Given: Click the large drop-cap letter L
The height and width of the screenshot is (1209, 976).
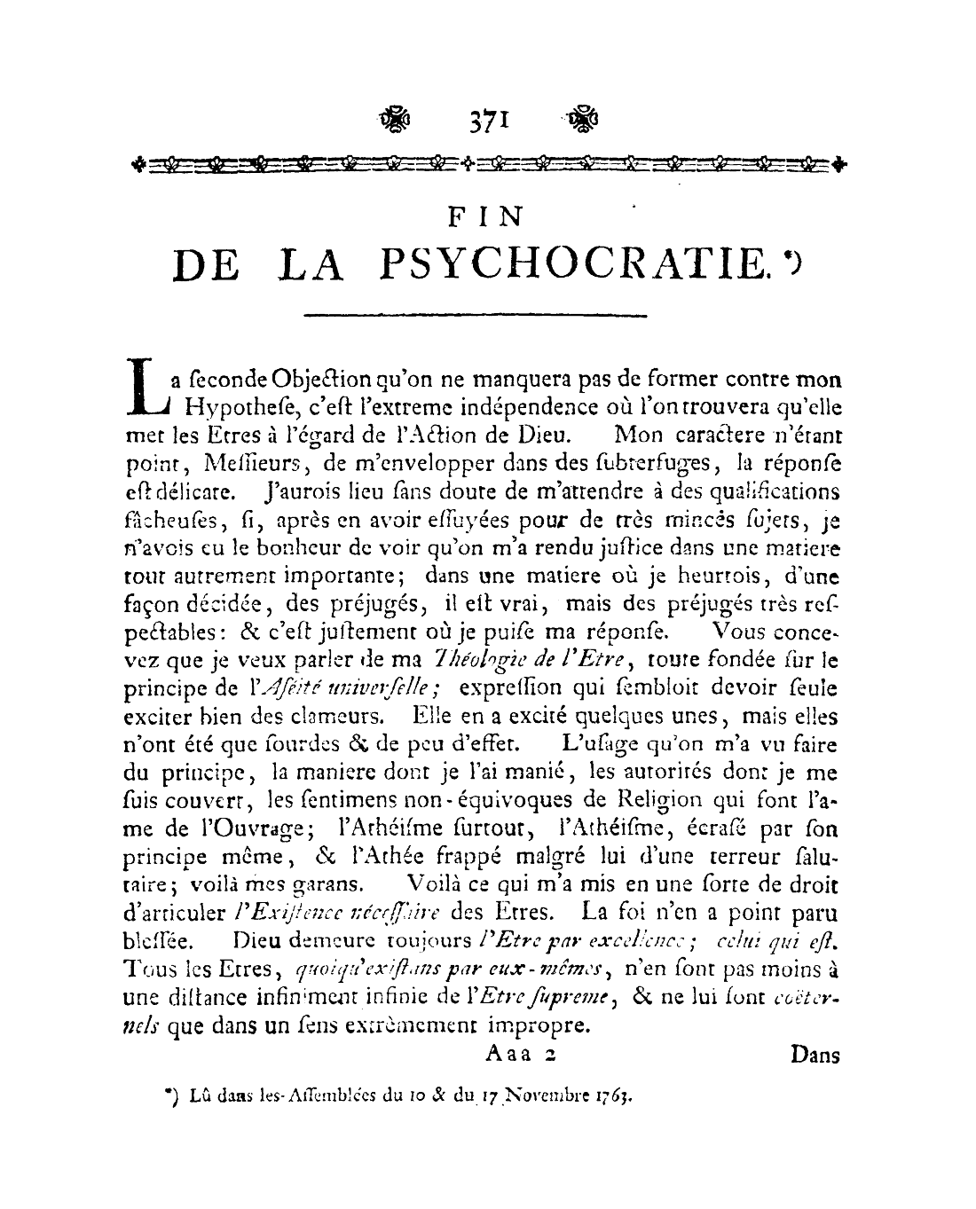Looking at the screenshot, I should pos(145,387).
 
